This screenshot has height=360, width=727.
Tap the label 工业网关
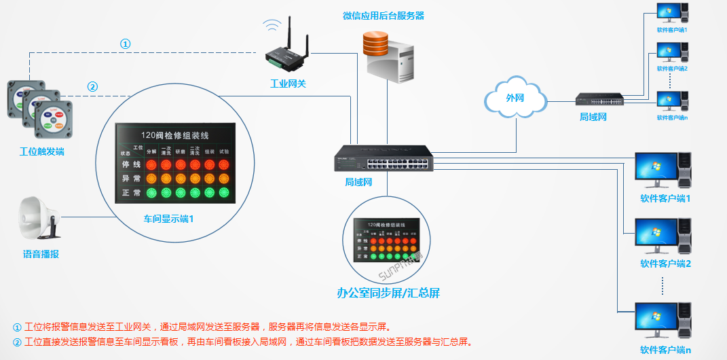click(288, 84)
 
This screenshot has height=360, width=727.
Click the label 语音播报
click(41, 255)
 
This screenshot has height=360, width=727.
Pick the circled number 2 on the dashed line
click(93, 86)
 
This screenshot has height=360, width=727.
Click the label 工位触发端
click(41, 151)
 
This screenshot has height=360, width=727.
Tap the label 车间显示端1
click(168, 219)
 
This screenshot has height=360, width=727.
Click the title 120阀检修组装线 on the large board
click(176, 135)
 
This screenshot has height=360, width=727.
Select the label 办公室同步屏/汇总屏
click(389, 293)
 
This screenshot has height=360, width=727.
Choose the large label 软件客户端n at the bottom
click(665, 350)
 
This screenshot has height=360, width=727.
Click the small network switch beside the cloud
click(600, 99)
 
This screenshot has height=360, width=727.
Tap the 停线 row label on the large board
click(131, 164)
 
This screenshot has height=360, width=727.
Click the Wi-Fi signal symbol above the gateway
click(273, 26)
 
